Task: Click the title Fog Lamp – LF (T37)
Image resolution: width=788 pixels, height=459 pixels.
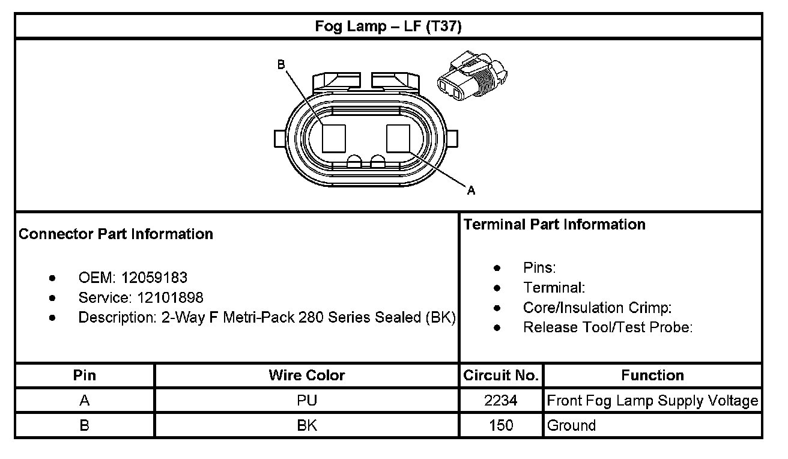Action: point(388,26)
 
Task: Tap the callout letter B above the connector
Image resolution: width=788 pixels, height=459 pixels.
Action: point(280,64)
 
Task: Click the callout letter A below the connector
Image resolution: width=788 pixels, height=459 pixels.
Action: point(471,190)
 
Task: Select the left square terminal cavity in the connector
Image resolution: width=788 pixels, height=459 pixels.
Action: point(334,138)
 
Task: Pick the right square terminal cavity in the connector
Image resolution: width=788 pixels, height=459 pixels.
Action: point(398,138)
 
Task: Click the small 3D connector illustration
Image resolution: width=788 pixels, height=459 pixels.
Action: point(472,76)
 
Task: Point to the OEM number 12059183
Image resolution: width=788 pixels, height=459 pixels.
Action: point(154,278)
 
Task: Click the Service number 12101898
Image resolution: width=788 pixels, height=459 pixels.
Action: point(170,298)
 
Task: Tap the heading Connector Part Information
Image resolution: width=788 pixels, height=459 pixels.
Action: point(116,234)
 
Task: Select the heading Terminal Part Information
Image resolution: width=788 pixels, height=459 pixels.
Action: point(554,225)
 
